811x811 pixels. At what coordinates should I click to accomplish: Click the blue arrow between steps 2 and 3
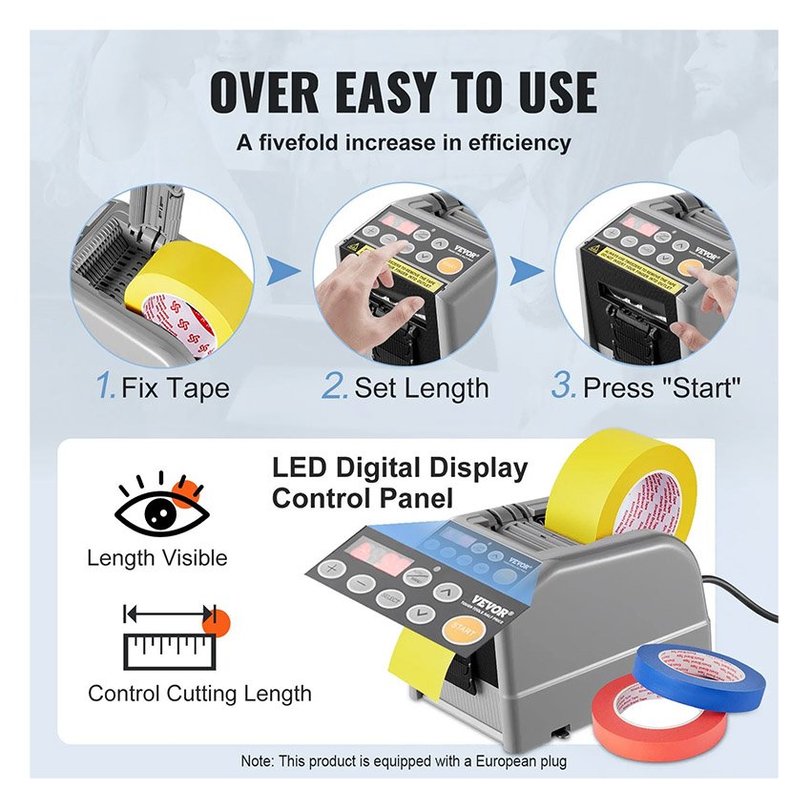(523, 274)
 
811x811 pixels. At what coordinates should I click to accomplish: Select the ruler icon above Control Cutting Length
(172, 635)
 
